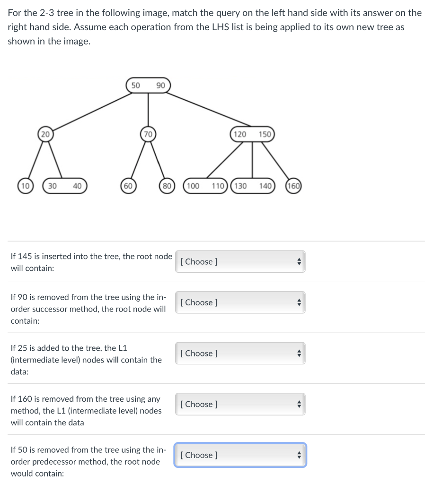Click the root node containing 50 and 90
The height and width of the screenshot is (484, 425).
[x=148, y=86]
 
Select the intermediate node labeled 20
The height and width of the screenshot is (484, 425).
[x=44, y=134]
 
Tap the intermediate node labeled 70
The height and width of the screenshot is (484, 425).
[x=148, y=134]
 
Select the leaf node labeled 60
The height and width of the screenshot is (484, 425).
[x=128, y=186]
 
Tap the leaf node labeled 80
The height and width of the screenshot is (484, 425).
[x=167, y=186]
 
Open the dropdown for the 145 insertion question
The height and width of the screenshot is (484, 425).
[x=240, y=261]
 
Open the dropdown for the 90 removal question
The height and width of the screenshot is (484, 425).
[x=240, y=302]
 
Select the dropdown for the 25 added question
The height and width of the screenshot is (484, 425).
[x=240, y=353]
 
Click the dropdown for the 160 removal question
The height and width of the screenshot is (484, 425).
[x=240, y=404]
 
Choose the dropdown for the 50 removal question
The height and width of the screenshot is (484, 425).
[x=240, y=455]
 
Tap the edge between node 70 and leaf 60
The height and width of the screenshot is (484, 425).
[x=138, y=160]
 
